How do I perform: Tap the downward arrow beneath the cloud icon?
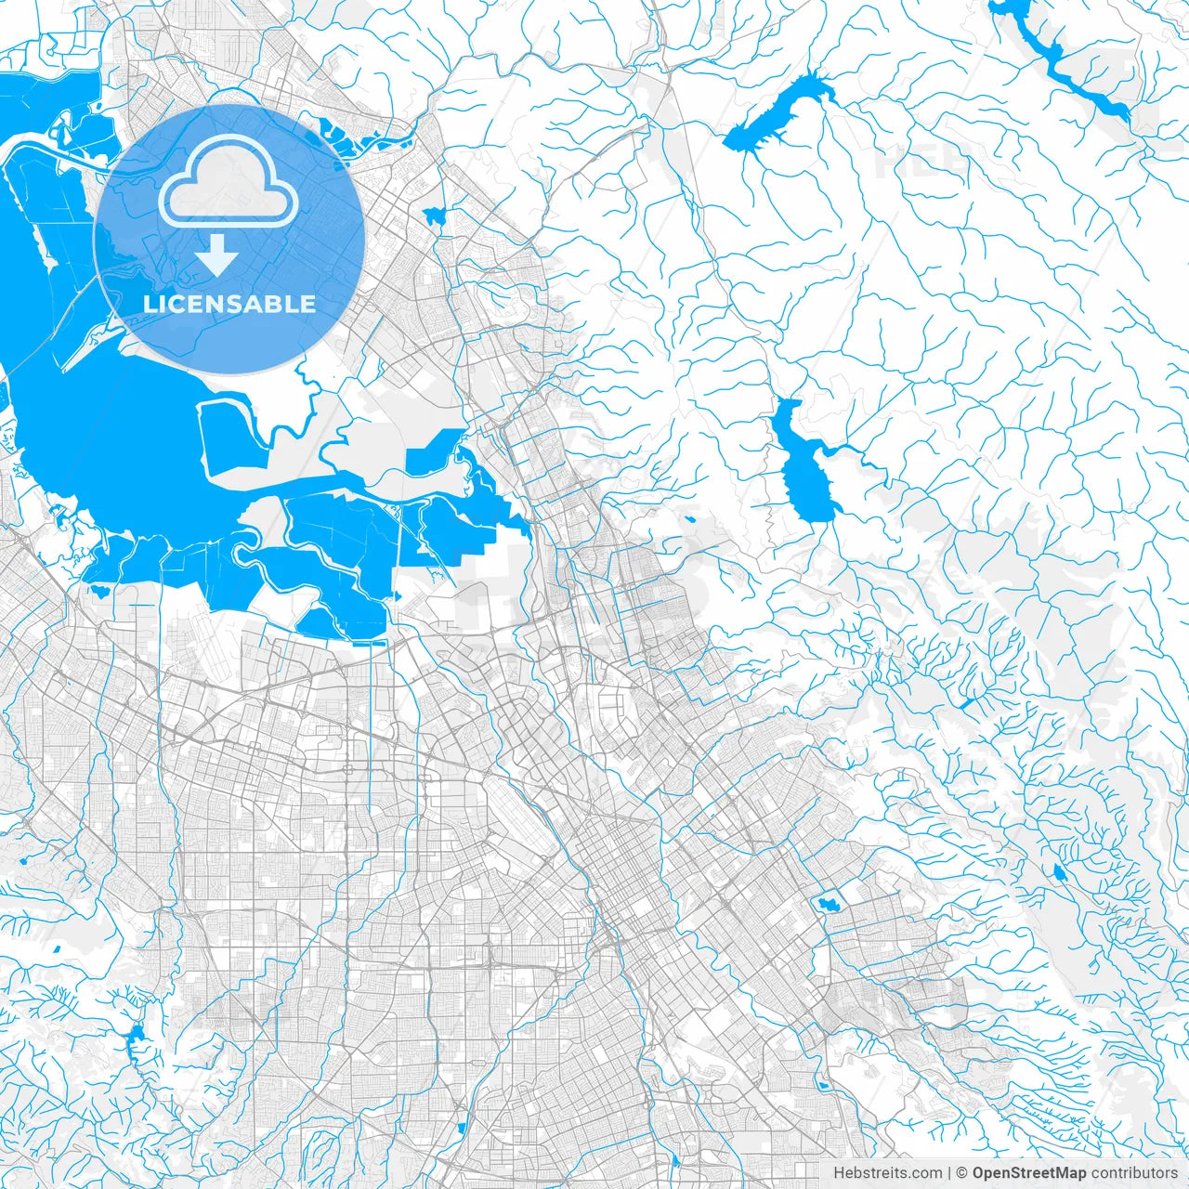(217, 255)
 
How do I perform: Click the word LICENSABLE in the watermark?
(229, 304)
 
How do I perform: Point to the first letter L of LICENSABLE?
(150, 304)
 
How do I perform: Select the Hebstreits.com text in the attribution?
(887, 1173)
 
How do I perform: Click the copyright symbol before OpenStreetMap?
(962, 1173)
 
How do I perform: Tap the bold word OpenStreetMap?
(1029, 1173)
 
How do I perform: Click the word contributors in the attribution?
(1134, 1173)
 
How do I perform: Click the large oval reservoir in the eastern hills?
(804, 474)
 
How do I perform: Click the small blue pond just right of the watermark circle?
(434, 216)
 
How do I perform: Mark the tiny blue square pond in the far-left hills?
(58, 949)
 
